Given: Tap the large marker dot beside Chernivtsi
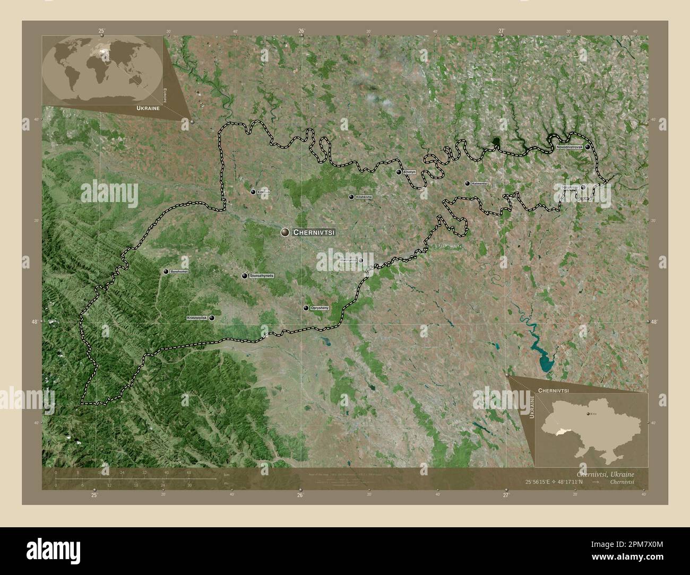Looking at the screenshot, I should [x=285, y=232].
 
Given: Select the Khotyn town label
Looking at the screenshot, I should [x=410, y=172].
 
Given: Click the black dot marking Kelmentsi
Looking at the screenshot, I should [x=467, y=184].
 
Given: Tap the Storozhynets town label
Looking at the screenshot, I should [x=261, y=276].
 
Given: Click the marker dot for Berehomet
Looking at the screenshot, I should [x=166, y=272].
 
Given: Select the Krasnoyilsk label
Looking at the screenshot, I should [x=197, y=318].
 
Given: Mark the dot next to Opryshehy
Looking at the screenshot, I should [x=306, y=308].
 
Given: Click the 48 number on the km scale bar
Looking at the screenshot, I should [x=188, y=473].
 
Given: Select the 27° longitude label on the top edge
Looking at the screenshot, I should [x=502, y=31].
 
